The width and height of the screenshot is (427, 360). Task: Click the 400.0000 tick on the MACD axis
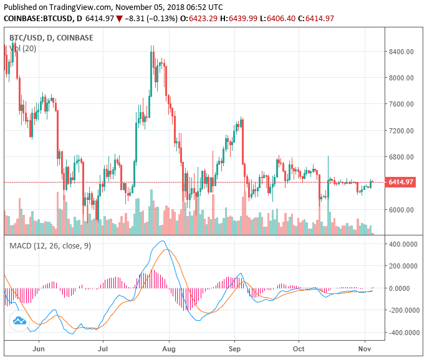point(402,244)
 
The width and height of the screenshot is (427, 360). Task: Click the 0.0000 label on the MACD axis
point(406,288)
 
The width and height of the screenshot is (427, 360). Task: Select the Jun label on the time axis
point(38,350)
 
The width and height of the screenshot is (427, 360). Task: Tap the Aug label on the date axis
point(168,350)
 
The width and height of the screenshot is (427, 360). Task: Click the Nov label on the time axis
point(365,350)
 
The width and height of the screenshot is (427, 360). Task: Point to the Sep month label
point(234,350)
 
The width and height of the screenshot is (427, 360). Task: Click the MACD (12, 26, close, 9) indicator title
point(50,246)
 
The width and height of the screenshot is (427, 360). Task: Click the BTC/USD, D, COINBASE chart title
point(51,37)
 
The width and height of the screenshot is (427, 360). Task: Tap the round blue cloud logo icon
point(19,321)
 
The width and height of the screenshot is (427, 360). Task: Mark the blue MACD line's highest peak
point(162,241)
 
